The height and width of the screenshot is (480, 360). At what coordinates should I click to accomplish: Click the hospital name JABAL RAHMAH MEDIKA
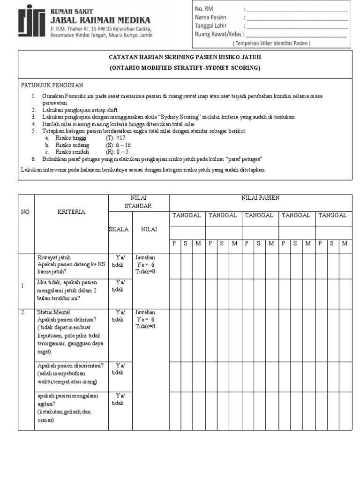pos(100,20)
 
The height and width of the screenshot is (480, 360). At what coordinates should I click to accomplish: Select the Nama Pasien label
pos(210,18)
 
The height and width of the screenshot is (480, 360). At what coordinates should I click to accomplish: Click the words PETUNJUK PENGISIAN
pos(52,85)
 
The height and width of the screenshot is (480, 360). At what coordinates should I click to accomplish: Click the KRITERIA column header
pos(71,212)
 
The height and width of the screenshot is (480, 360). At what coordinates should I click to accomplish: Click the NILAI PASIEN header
pos(260,198)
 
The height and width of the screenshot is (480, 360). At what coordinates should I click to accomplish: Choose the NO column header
pos(25,212)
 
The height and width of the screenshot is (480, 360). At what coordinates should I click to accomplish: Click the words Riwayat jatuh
pos(54,257)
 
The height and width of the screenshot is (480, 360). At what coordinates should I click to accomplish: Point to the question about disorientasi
pos(70,366)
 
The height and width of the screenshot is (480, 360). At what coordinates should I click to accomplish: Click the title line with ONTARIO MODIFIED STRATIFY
pos(185,68)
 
